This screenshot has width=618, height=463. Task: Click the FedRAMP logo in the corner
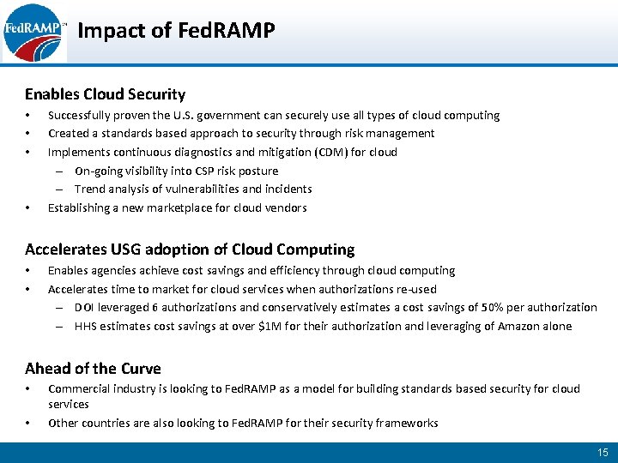coord(33,33)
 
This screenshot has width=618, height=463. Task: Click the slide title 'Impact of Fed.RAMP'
coord(176,32)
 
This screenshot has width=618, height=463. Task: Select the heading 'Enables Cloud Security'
coord(105,94)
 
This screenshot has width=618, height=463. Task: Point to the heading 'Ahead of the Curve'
coord(93,369)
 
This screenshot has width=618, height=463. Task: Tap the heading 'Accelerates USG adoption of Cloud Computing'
coord(190,250)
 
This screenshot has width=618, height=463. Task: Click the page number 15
coord(602,452)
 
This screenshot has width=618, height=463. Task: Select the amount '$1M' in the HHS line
coord(270,326)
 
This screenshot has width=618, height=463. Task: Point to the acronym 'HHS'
coord(87,326)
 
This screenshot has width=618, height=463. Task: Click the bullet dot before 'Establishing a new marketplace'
coord(28,208)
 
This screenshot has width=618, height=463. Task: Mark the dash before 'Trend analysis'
coord(62,189)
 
